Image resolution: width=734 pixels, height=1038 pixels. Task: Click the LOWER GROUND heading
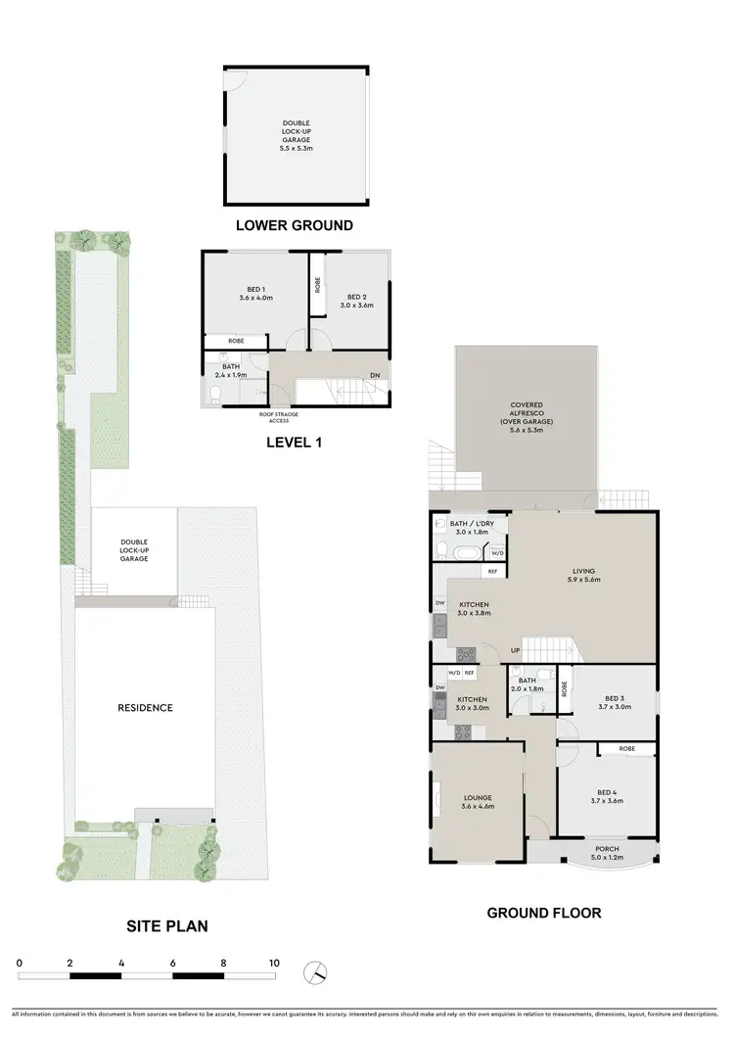point(294,225)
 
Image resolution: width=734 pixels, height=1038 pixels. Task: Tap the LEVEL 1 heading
point(295,443)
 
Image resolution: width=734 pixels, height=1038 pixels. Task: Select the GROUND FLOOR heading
point(544,913)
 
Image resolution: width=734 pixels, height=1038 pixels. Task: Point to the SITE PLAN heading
point(167,925)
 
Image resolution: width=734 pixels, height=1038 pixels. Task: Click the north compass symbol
point(314,972)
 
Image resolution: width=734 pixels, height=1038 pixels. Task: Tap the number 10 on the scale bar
point(274,964)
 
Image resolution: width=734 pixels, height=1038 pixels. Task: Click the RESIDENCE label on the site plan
point(146,708)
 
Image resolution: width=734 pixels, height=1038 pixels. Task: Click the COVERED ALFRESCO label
point(526,413)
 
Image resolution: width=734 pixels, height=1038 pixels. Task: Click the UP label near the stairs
point(514,650)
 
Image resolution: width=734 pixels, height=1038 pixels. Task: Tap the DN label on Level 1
point(375,374)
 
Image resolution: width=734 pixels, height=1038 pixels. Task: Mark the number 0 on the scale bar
point(20,964)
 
